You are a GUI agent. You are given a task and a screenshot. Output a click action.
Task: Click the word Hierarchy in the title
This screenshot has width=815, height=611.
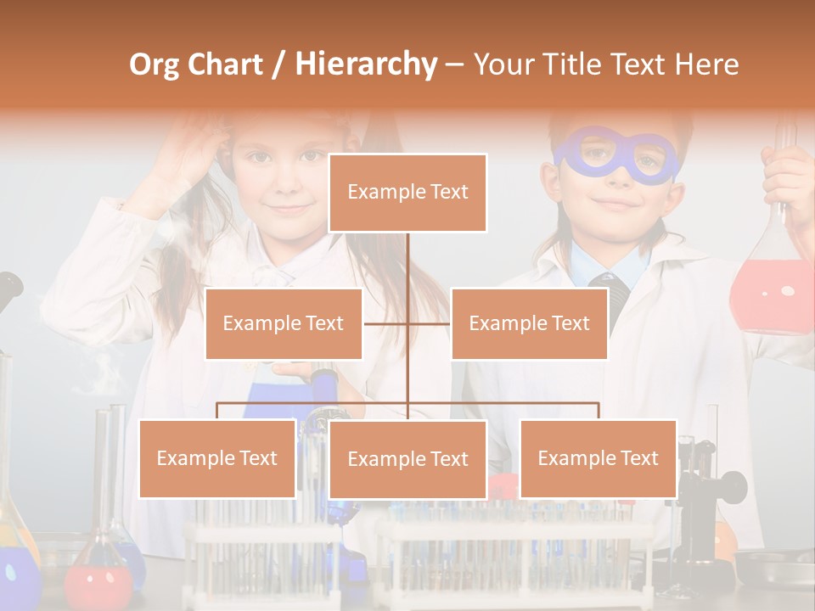pyautogui.click(x=366, y=64)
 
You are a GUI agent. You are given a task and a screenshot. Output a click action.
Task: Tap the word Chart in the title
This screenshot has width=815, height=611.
pyautogui.click(x=225, y=64)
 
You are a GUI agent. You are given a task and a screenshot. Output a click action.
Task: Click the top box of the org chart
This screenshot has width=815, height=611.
pyautogui.click(x=407, y=193)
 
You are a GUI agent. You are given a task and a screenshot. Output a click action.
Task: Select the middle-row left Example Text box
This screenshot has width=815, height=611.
pyautogui.click(x=284, y=323)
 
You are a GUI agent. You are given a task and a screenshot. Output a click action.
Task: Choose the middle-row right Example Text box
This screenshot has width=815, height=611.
pyautogui.click(x=529, y=323)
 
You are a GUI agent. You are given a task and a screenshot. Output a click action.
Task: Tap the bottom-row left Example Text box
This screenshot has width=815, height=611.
pyautogui.click(x=217, y=458)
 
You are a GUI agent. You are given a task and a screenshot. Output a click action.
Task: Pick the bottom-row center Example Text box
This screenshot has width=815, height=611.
pyautogui.click(x=407, y=459)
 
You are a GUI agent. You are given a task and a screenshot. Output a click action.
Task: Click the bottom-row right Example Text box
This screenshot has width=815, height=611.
pyautogui.click(x=598, y=458)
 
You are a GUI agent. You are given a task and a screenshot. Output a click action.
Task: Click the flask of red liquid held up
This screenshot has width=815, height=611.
pyautogui.click(x=771, y=289)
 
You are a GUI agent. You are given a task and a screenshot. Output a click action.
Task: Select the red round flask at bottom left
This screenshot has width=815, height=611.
pyautogui.click(x=99, y=581)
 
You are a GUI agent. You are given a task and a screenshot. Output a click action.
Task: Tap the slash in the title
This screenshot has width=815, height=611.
pyautogui.click(x=278, y=64)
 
